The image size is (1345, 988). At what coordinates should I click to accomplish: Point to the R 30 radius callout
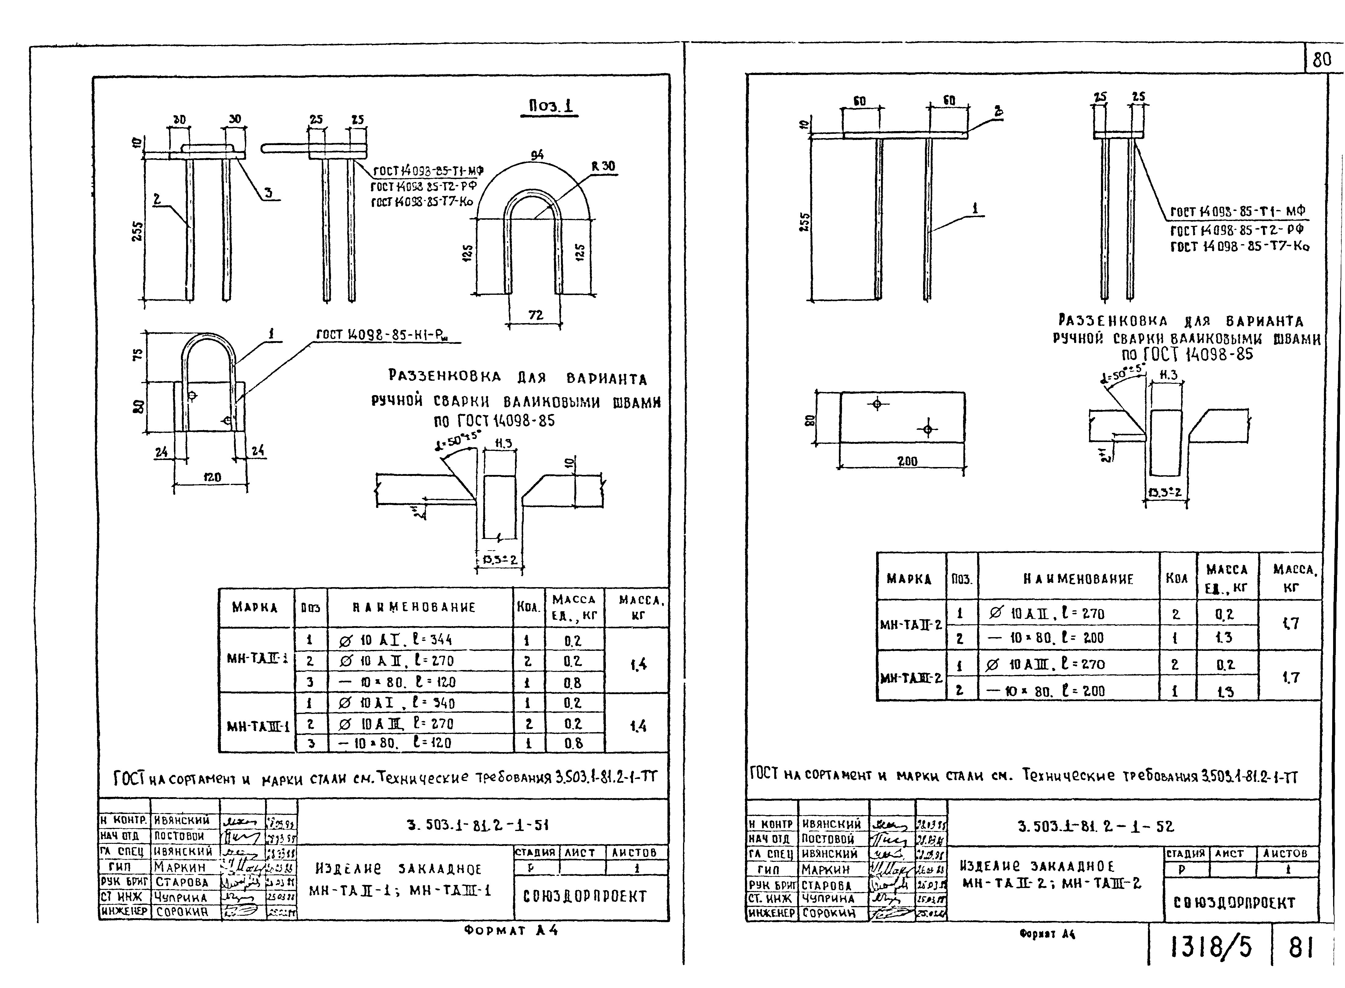click(x=603, y=166)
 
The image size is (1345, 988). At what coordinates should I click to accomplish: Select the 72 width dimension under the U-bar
click(x=535, y=315)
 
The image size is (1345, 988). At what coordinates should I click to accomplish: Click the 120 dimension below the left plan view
click(x=212, y=477)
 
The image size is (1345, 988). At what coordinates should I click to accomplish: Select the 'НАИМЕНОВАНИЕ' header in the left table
click(x=413, y=607)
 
